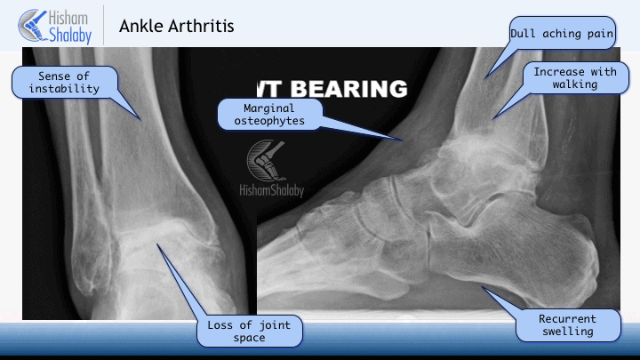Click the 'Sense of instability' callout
65,83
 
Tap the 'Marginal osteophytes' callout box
270,115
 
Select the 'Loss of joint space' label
250,331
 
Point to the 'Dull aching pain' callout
562,34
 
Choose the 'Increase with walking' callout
575,78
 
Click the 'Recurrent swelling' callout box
567,325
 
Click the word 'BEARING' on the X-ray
349,89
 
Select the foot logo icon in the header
33,25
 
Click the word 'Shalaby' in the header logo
70,35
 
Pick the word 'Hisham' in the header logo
68,18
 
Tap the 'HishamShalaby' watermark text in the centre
271,190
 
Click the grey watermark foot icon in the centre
267,160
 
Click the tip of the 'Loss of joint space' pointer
156,244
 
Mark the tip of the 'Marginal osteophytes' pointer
404,140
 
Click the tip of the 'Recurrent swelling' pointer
482,287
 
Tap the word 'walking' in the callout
575,84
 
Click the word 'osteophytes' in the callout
269,121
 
